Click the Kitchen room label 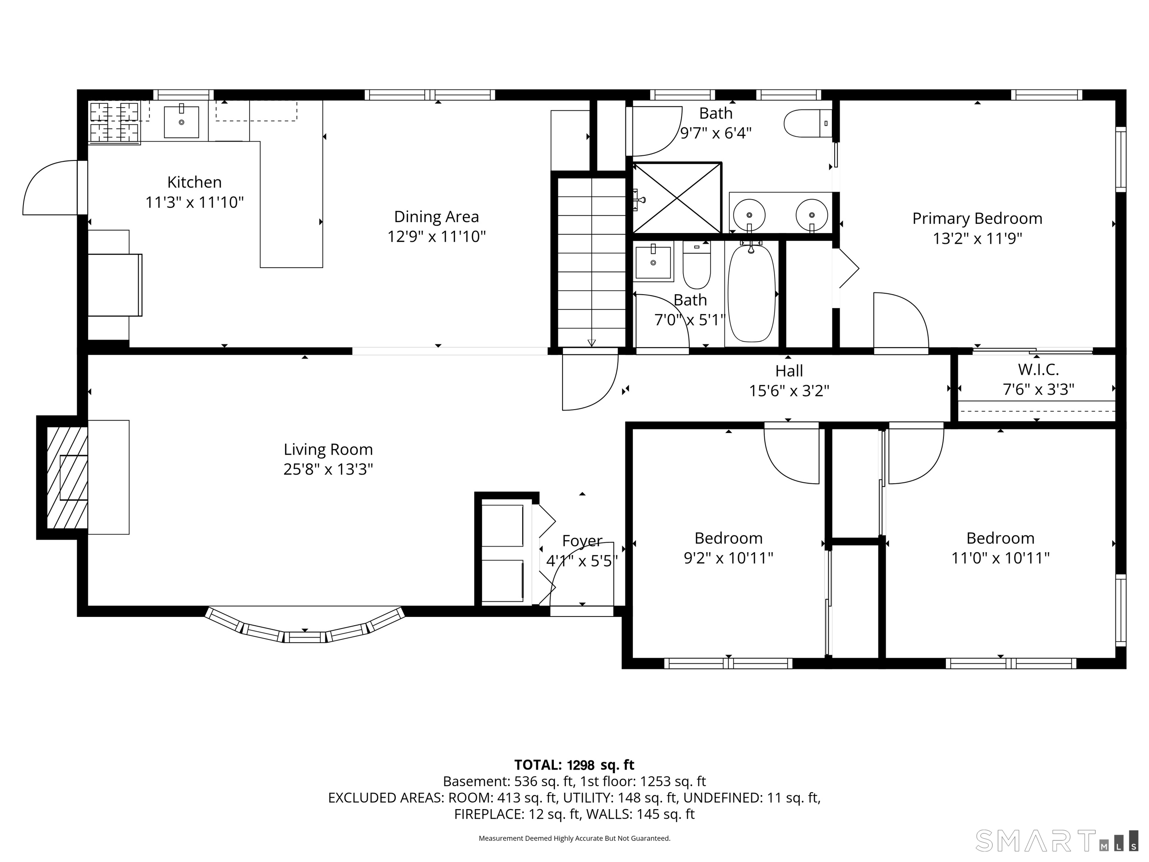pos(194,182)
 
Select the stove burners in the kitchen pos(114,122)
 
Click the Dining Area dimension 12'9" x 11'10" pos(436,237)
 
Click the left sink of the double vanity pos(749,215)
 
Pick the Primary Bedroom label pos(977,218)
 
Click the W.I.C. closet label pos(1038,370)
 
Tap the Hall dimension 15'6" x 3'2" pos(789,391)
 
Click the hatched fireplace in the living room pos(67,477)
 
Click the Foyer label pos(582,541)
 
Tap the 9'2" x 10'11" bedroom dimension pos(728,558)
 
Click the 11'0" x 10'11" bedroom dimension pos(1000,558)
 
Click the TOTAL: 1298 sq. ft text pos(574,765)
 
